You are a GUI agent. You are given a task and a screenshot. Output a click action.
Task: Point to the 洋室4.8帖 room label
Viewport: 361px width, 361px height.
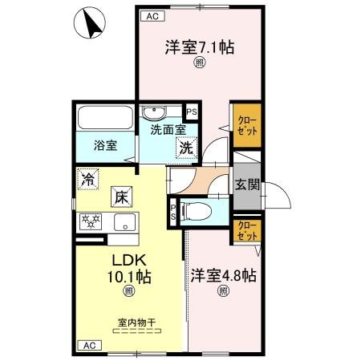click(x=222, y=276)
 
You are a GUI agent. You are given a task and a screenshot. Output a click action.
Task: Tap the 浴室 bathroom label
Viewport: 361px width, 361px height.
click(x=105, y=146)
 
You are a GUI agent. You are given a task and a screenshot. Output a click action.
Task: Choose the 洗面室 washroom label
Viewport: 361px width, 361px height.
click(x=168, y=129)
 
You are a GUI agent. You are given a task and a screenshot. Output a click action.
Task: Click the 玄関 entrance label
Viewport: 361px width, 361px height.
click(x=246, y=184)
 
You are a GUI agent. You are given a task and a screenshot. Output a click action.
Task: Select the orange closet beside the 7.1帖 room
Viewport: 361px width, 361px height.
click(x=245, y=125)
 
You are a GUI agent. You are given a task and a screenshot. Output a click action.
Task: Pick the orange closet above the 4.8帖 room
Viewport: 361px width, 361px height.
click(x=245, y=230)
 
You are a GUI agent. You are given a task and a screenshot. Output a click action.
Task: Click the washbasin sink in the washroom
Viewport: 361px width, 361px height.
click(x=156, y=112)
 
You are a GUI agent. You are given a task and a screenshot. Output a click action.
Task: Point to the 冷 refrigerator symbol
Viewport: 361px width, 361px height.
click(x=88, y=179)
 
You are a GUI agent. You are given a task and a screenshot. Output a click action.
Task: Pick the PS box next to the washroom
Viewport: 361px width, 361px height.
click(x=191, y=112)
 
